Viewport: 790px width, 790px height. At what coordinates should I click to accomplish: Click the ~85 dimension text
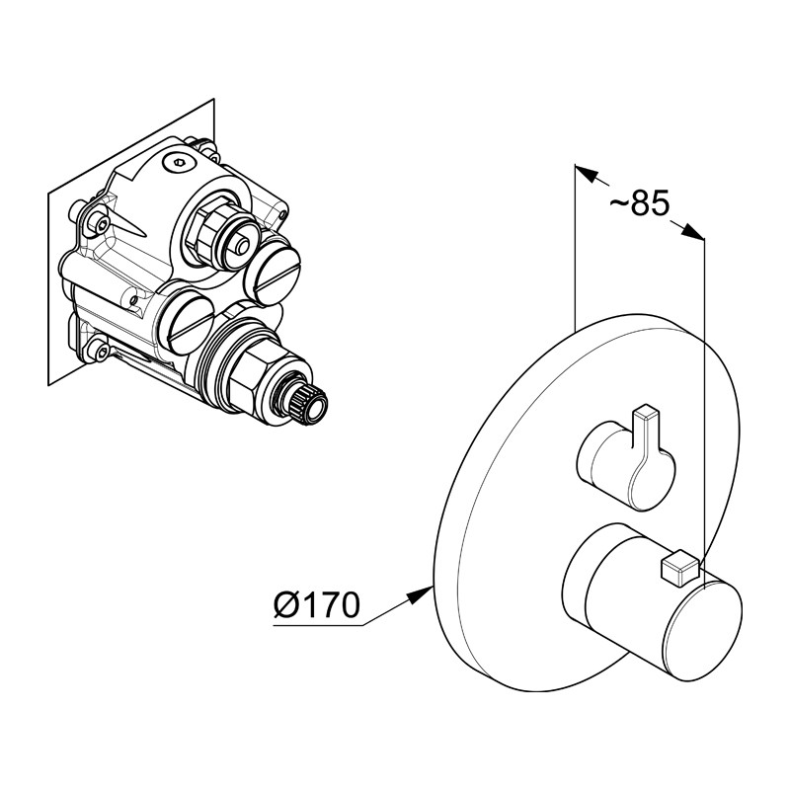pos(639,203)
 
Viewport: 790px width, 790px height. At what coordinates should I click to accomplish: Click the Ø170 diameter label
pos(317,604)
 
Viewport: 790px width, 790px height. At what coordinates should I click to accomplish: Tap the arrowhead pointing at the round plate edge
pos(421,595)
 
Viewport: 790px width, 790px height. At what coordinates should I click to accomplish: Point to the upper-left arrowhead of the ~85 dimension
pos(587,174)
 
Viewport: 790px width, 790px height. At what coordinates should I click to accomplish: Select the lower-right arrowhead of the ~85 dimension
pos(692,232)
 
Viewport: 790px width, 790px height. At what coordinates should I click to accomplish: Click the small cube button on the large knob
pos(679,570)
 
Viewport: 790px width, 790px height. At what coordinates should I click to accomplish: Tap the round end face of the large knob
pos(703,631)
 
